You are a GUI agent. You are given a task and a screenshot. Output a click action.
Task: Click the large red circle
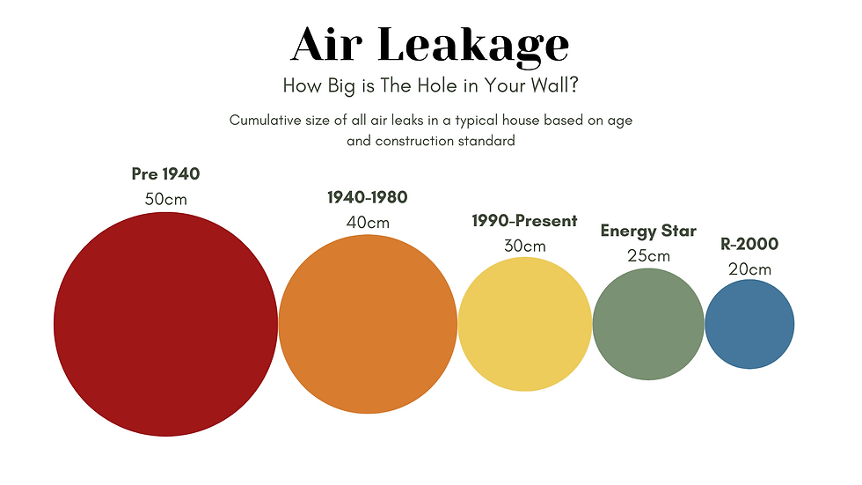[165, 325]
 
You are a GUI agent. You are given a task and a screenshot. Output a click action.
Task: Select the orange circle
[368, 324]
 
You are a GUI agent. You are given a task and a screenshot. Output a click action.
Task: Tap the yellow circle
[525, 324]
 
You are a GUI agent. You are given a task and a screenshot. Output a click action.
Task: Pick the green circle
[648, 324]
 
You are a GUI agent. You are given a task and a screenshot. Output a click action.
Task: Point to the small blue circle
[749, 324]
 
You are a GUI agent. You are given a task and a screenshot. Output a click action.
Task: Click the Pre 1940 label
[165, 174]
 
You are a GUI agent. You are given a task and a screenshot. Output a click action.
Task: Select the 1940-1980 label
[368, 197]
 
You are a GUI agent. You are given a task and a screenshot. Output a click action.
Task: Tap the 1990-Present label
[524, 221]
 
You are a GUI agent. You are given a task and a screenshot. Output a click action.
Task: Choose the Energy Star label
[648, 231]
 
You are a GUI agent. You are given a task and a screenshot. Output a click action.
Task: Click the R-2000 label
[749, 245]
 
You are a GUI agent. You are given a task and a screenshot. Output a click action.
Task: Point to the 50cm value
[165, 199]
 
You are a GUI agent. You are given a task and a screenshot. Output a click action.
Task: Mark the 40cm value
[368, 222]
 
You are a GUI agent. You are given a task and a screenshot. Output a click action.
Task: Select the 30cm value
[524, 246]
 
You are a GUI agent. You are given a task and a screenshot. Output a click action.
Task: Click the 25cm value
[648, 256]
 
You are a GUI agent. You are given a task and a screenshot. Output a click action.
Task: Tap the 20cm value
[749, 268]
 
